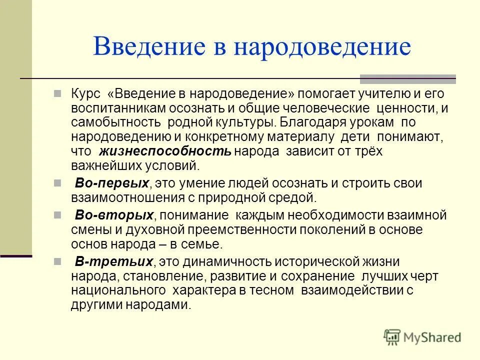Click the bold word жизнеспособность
tap(165, 152)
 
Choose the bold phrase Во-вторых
tap(114, 215)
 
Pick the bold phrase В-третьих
tap(113, 261)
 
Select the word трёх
tap(367, 152)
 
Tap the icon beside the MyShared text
tap(393, 337)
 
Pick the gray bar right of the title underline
tap(408, 78)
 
